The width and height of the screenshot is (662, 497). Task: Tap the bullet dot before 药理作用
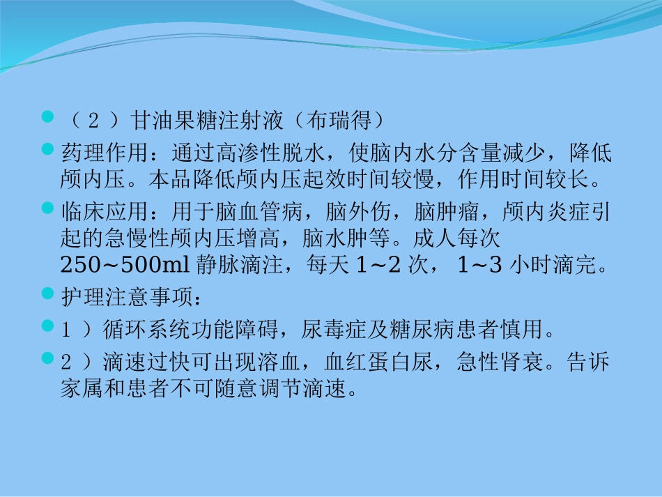48,149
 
